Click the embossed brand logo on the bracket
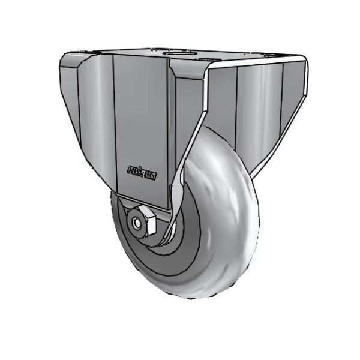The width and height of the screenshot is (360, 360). tap(142, 173)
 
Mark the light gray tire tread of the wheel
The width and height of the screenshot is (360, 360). tap(228, 228)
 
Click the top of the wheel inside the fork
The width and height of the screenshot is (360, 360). tap(210, 135)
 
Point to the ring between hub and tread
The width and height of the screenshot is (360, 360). tap(180, 252)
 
